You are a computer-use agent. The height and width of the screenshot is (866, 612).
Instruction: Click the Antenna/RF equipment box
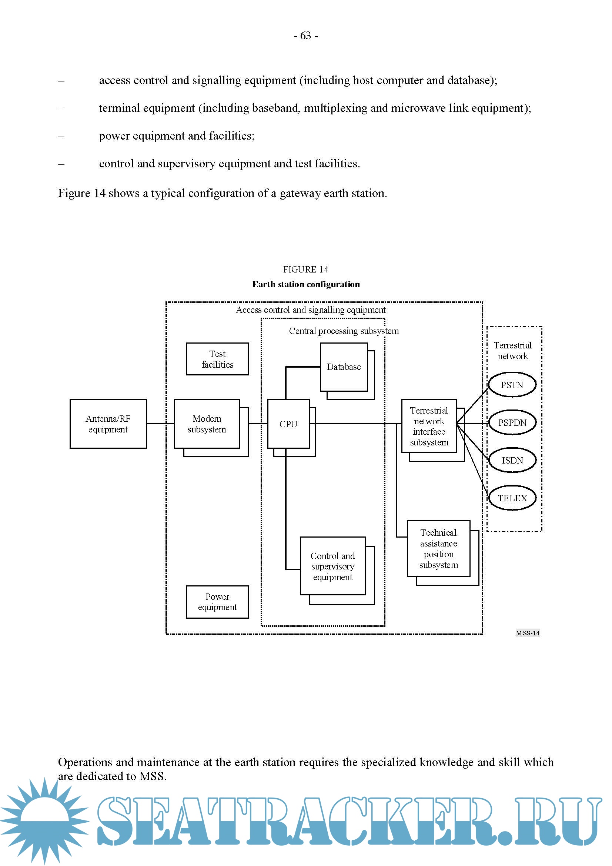108,424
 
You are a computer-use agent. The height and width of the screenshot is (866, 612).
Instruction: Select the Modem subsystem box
207,424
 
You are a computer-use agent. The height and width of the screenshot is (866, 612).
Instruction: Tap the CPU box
288,424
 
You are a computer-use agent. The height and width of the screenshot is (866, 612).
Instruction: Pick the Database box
344,367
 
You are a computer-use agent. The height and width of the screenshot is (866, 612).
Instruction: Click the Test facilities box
217,359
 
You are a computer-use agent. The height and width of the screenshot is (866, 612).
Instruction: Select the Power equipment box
217,602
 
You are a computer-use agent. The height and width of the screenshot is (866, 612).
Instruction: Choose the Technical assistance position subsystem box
438,548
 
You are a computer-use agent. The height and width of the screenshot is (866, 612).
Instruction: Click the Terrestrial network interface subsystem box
429,426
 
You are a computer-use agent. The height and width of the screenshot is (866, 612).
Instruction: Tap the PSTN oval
512,385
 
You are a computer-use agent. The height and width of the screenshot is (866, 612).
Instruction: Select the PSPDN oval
512,422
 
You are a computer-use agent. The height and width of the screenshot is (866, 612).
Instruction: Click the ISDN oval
512,460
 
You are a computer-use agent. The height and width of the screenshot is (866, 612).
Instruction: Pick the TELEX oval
512,498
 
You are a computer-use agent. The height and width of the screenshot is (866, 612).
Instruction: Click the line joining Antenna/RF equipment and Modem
160,424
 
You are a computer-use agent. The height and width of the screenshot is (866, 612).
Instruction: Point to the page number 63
306,36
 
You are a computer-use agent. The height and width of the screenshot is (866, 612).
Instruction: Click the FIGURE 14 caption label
305,269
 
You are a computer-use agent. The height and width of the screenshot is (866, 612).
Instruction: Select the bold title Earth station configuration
306,284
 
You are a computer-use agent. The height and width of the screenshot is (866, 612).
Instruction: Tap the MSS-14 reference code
528,633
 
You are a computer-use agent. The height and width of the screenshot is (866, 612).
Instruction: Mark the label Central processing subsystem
344,331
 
